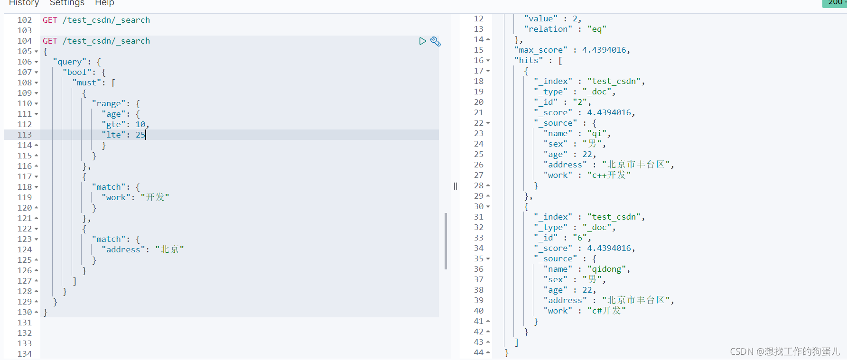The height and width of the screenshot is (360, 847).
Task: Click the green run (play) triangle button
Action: (x=422, y=41)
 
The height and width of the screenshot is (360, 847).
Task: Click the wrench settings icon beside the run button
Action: (x=436, y=42)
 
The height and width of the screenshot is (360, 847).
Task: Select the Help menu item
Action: (x=104, y=3)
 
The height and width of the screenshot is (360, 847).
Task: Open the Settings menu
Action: (x=67, y=3)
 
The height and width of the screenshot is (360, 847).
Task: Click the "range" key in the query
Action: (x=109, y=103)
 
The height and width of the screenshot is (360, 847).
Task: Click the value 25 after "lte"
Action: (x=140, y=135)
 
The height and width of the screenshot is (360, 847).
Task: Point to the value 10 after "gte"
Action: (x=140, y=124)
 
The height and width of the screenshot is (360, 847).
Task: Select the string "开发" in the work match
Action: (x=155, y=197)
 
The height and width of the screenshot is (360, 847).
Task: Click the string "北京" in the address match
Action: (x=169, y=249)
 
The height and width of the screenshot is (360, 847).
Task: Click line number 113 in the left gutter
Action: (x=25, y=135)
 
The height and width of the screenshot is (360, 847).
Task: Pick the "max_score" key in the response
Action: (x=541, y=50)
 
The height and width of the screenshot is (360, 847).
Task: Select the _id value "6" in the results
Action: (x=580, y=238)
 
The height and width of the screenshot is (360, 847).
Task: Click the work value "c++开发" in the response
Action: (x=609, y=175)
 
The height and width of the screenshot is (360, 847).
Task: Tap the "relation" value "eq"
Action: (x=596, y=29)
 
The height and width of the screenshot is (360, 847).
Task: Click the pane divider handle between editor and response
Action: (x=456, y=186)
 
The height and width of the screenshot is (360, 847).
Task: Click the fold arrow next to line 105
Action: (x=37, y=51)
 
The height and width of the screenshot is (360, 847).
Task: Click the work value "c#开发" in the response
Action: (x=606, y=311)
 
